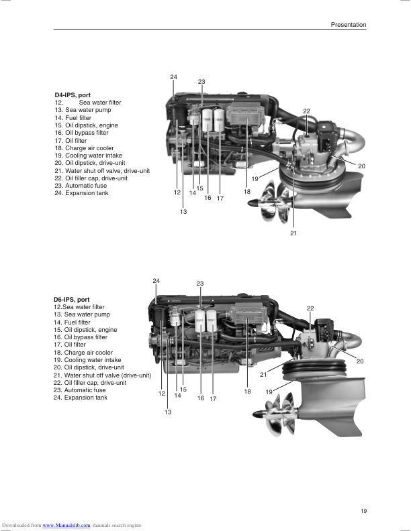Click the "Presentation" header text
pyautogui.click(x=348, y=25)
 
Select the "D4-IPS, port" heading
pyautogui.click(x=73, y=95)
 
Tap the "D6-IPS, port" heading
pyautogui.click(x=73, y=300)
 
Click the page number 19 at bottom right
pyautogui.click(x=363, y=512)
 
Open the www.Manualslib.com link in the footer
pyautogui.click(x=66, y=525)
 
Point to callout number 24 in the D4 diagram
pyautogui.click(x=173, y=78)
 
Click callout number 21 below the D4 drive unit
pyautogui.click(x=293, y=233)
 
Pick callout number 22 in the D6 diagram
pyautogui.click(x=310, y=308)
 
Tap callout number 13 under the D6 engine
pyautogui.click(x=168, y=412)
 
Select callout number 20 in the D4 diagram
pyautogui.click(x=361, y=166)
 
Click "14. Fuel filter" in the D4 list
pyautogui.click(x=73, y=118)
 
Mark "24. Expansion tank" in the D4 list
pyautogui.click(x=81, y=194)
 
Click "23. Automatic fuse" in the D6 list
pyautogui.click(x=79, y=390)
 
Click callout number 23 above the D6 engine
pyautogui.click(x=200, y=284)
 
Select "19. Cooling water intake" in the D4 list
pyautogui.click(x=88, y=156)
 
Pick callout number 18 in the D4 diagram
pyautogui.click(x=247, y=192)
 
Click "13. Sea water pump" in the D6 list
pyautogui.click(x=82, y=314)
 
